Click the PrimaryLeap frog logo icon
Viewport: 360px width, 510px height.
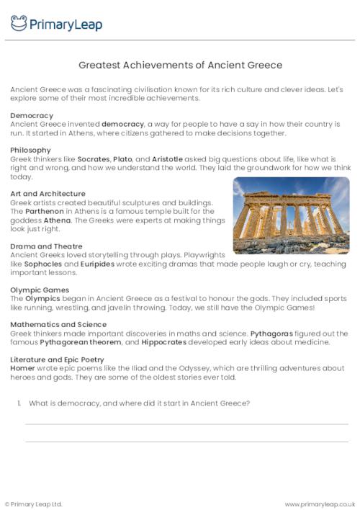(19, 23)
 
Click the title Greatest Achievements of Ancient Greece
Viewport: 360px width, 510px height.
(179, 65)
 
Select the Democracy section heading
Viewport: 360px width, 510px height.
(32, 115)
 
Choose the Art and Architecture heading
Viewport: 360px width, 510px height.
(48, 194)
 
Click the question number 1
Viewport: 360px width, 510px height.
(19, 403)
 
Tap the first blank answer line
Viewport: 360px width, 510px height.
(186, 424)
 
